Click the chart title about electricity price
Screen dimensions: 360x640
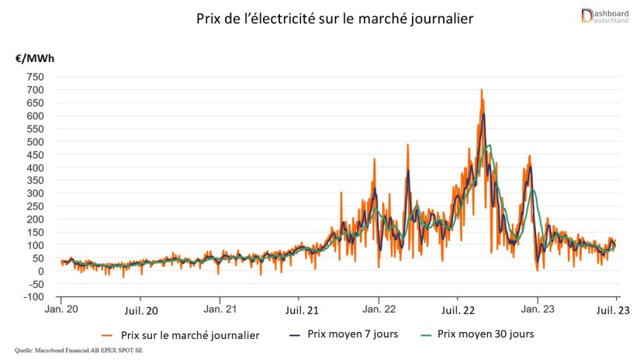point(319,17)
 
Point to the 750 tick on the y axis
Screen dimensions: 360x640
point(35,77)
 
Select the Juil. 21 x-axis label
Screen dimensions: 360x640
point(299,311)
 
